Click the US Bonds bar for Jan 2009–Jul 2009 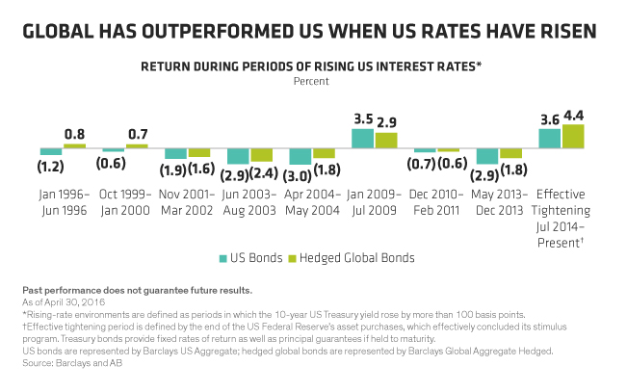click(362, 138)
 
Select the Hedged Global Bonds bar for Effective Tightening click(573, 137)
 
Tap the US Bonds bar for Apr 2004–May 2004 click(300, 157)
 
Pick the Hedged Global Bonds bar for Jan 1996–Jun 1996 click(74, 145)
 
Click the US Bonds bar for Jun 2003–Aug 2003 click(237, 156)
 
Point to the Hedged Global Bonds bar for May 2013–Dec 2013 click(510, 153)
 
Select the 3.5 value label click(362, 119)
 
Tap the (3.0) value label click(300, 175)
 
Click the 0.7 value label click(137, 134)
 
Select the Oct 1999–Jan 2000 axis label click(125, 201)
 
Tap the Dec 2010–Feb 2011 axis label click(436, 201)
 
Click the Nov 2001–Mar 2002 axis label click(187, 201)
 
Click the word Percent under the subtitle click(312, 81)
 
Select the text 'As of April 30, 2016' click(64, 302)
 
